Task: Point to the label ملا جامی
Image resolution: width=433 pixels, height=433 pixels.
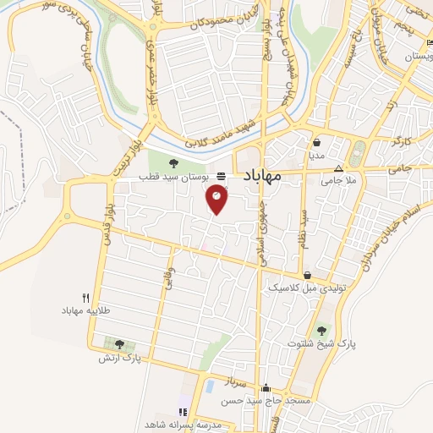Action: click(x=338, y=180)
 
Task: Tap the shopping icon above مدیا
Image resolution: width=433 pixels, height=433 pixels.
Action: click(x=316, y=143)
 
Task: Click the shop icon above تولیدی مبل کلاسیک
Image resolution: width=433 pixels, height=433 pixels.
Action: click(x=306, y=275)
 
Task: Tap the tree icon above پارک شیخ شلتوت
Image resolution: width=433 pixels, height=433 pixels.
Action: click(x=321, y=330)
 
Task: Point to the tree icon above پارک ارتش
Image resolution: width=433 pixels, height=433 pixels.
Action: click(x=118, y=344)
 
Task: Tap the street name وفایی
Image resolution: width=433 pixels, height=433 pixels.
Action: click(x=169, y=277)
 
